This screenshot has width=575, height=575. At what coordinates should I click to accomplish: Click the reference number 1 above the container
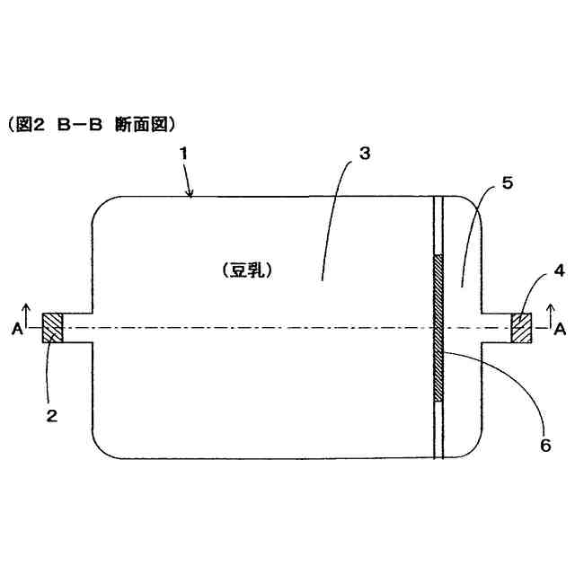pos(182,154)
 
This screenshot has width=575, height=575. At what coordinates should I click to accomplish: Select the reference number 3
pos(364,153)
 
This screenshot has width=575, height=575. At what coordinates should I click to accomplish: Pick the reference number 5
pos(508,183)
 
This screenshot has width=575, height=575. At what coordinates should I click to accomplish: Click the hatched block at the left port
pos(53,327)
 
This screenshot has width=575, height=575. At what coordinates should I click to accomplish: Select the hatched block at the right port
pos(520,327)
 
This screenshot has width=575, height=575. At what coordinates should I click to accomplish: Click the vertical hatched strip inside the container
pos(438,328)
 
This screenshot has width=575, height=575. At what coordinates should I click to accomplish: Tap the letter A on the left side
pos(17,330)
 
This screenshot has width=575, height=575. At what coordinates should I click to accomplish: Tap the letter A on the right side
pos(559,330)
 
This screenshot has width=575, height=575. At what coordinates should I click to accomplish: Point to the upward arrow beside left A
pos(28,315)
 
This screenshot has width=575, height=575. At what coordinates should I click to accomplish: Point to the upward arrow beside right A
pos(549,315)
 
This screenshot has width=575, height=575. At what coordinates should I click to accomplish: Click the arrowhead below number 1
pos(190,191)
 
